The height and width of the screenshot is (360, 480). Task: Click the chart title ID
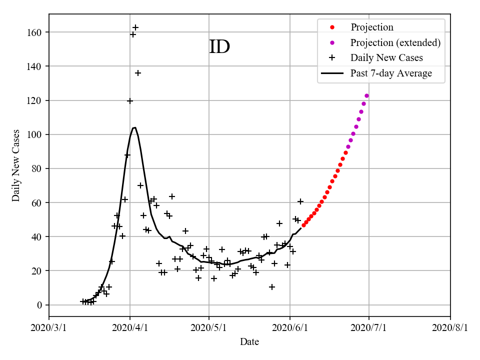click(219, 46)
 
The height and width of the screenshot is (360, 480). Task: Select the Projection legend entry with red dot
click(372, 27)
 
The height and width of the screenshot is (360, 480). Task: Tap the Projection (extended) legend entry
click(395, 42)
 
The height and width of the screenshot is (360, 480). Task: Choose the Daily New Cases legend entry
click(386, 58)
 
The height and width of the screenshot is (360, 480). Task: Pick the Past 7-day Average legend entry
click(391, 73)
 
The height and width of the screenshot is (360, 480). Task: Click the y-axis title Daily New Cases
click(16, 165)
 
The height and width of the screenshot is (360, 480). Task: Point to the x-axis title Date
click(249, 342)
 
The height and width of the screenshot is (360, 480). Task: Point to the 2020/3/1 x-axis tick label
click(49, 328)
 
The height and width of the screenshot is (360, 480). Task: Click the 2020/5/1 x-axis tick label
click(209, 328)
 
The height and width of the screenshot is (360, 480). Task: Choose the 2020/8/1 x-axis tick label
click(450, 328)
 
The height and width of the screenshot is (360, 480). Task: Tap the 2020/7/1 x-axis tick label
click(369, 328)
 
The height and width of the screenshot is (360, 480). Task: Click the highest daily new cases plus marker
click(135, 27)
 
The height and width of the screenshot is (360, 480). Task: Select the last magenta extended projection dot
click(366, 95)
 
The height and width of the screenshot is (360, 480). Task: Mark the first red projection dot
click(303, 225)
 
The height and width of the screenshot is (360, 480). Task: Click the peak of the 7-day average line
click(134, 127)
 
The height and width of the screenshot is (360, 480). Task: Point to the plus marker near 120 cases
click(130, 101)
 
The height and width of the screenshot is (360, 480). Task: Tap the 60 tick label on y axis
click(37, 202)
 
